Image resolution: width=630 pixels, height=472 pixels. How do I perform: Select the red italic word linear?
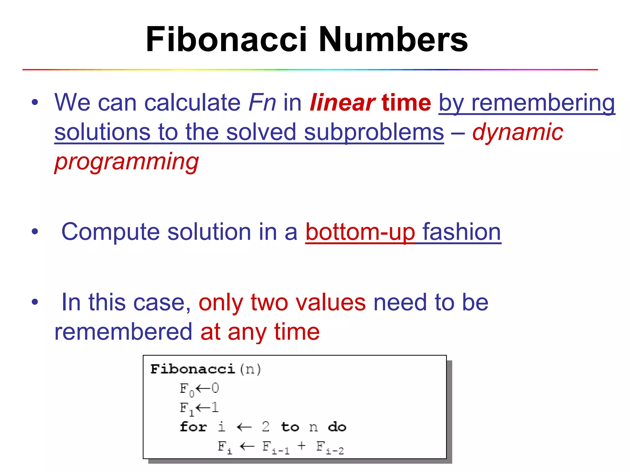[x=342, y=103]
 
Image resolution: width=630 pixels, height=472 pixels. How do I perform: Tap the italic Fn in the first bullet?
[x=262, y=103]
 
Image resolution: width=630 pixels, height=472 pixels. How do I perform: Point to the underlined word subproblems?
[x=374, y=132]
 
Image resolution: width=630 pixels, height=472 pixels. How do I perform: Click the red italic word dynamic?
[x=517, y=132]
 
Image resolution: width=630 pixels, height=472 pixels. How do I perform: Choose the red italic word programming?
[x=126, y=162]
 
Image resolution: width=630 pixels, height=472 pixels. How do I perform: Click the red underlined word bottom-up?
[x=360, y=232]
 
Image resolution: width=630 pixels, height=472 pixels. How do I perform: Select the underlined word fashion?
[x=462, y=232]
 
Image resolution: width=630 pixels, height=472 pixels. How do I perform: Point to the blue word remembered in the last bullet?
[x=123, y=332]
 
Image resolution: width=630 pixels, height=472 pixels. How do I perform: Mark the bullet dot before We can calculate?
[x=35, y=103]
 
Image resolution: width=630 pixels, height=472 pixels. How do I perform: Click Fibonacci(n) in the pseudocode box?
[x=205, y=369]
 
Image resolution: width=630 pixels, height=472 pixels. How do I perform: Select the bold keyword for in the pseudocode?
[x=193, y=427]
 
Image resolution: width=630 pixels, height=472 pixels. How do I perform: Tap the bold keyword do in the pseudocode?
[x=337, y=427]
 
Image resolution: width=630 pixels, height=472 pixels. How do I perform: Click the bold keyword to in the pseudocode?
[x=290, y=427]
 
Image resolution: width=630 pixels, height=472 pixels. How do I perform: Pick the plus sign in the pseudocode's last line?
[x=301, y=445]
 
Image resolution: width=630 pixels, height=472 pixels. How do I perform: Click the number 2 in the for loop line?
[x=265, y=427]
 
